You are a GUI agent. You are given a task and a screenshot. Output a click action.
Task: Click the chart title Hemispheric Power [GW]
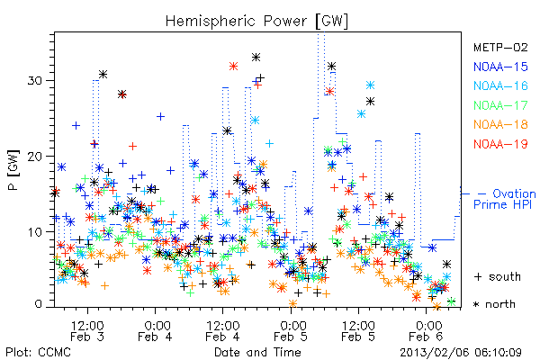(256, 22)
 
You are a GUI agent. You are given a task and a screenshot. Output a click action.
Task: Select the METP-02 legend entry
(500, 47)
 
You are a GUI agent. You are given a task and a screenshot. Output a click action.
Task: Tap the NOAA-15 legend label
(500, 67)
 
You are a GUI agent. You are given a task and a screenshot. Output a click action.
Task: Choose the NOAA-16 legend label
(500, 85)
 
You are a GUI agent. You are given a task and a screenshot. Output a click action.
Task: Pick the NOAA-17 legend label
(500, 105)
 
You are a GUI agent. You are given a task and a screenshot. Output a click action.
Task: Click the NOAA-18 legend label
(500, 124)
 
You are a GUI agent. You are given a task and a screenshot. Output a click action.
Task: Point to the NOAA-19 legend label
(500, 144)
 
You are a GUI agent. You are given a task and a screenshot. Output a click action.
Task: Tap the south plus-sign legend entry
(498, 276)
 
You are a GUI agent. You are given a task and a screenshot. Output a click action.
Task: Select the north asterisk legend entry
(494, 304)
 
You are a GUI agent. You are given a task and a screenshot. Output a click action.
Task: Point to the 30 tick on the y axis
(34, 81)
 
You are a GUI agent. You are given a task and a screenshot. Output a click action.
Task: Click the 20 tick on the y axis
(34, 157)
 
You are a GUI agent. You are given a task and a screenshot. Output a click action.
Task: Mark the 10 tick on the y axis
(34, 232)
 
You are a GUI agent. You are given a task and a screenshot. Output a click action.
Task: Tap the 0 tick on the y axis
(38, 304)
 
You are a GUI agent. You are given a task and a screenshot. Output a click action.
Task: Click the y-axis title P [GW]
(13, 170)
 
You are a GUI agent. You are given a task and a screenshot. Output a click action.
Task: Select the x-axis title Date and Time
(257, 352)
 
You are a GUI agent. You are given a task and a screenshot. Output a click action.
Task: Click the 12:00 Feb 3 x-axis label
(87, 330)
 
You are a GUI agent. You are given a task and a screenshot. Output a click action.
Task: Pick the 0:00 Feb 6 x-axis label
(426, 330)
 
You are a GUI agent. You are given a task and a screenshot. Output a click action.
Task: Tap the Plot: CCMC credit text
(38, 352)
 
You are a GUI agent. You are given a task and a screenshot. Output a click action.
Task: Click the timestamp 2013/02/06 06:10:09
(461, 353)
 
